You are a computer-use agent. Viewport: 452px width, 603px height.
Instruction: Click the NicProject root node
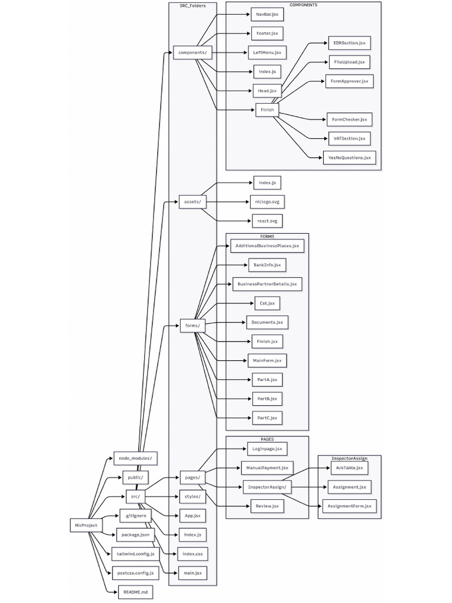coord(87,525)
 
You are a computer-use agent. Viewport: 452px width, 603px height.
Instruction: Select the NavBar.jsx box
coord(267,14)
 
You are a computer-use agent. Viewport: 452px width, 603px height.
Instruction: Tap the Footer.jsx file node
coord(267,33)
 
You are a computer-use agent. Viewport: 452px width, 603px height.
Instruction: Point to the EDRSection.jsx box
coord(349,43)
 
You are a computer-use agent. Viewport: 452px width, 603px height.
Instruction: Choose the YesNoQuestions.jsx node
coord(349,158)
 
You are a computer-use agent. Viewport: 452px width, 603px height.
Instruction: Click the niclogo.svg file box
coord(267,203)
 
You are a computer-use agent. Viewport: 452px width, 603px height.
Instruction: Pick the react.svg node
coord(267,221)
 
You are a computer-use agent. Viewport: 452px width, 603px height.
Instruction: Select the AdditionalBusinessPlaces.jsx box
coord(267,246)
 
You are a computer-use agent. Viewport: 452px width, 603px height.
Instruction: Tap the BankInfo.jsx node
coord(267,265)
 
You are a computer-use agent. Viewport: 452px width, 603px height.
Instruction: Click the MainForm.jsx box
coord(267,360)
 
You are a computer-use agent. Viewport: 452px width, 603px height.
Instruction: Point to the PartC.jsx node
coord(267,418)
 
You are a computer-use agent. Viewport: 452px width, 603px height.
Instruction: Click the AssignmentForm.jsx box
coord(349,506)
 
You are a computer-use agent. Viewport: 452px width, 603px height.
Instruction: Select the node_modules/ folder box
coord(135,458)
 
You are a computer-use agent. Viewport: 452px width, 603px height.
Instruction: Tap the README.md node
coord(135,591)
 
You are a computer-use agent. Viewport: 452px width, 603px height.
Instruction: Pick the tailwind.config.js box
coord(135,554)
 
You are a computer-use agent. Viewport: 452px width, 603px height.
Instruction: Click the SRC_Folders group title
coord(192,5)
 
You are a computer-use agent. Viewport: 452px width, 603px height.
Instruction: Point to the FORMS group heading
coord(267,236)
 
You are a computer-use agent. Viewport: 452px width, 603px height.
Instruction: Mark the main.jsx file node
coord(192,572)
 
